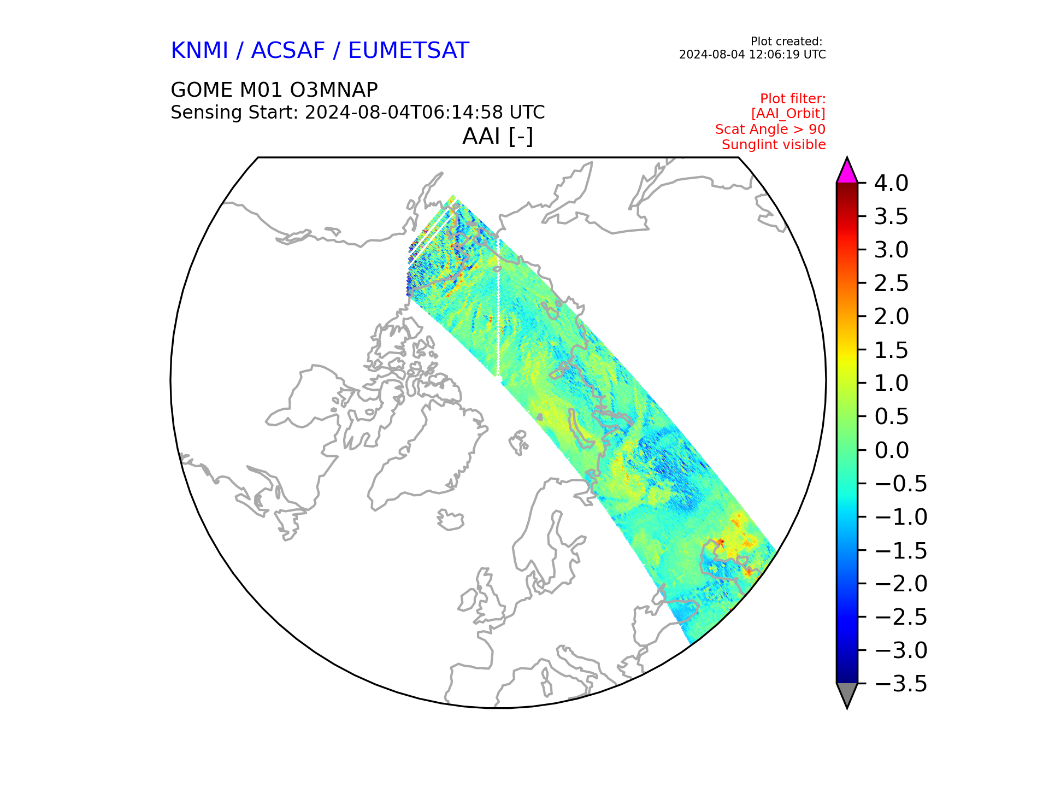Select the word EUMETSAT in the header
[409, 50]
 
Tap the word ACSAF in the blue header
[288, 50]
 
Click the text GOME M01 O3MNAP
[274, 90]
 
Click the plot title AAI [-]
[498, 136]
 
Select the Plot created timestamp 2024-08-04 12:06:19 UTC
[752, 55]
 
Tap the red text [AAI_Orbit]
[788, 114]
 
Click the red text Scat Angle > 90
[770, 130]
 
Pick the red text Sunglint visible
[774, 145]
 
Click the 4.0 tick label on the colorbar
[891, 184]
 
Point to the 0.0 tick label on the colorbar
[891, 450]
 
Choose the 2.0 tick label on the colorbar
[891, 316]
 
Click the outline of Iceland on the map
[450, 520]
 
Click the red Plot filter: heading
[793, 99]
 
